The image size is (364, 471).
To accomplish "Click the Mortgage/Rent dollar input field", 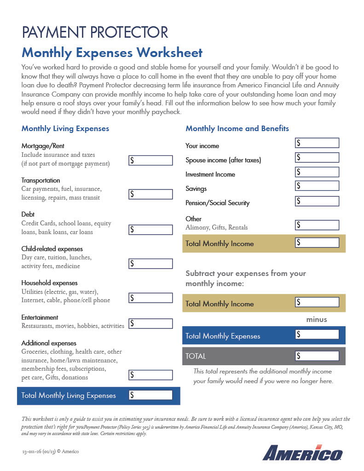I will pyautogui.click(x=150, y=161).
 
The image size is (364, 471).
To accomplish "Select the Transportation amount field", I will pyautogui.click(x=150, y=195).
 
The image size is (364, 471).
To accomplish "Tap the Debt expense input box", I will pyautogui.click(x=150, y=229).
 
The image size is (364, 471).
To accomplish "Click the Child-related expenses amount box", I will pyautogui.click(x=150, y=264).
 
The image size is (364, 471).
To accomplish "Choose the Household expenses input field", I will pyautogui.click(x=150, y=298).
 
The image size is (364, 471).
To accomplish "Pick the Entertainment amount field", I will pyautogui.click(x=150, y=323).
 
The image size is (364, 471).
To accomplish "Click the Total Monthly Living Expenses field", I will pyautogui.click(x=150, y=395).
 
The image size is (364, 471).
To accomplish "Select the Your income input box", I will pyautogui.click(x=317, y=143).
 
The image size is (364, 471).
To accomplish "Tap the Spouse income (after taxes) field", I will pyautogui.click(x=317, y=158).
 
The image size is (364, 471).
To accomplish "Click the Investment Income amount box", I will pyautogui.click(x=317, y=172).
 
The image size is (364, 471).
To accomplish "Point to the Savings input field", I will pyautogui.click(x=317, y=186).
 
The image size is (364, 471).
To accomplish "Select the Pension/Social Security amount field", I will pyautogui.click(x=317, y=201).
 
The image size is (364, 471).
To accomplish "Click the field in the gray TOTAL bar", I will pyautogui.click(x=317, y=356).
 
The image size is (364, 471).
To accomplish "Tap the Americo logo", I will pyautogui.click(x=302, y=453).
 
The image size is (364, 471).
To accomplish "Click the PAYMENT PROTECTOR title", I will pyautogui.click(x=95, y=33).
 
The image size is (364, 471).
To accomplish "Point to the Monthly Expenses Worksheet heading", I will pyautogui.click(x=112, y=52).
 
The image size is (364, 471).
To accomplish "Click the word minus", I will pyautogui.click(x=317, y=319).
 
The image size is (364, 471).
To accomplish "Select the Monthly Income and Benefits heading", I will pyautogui.click(x=237, y=129).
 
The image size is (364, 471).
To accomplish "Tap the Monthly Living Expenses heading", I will pyautogui.click(x=65, y=129).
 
